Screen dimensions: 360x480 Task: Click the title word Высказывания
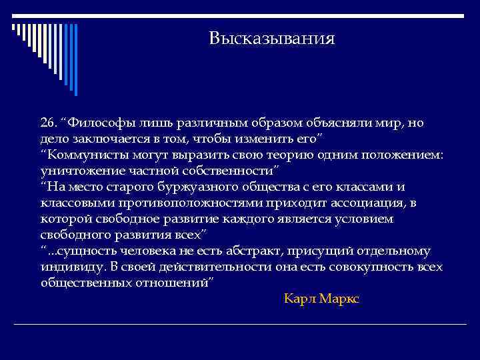click(271, 39)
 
